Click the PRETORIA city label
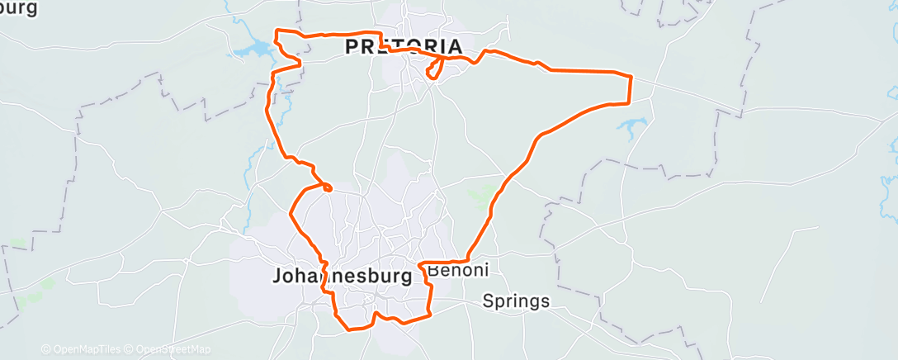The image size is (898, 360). pos(403,46)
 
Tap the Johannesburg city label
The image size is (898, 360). pos(342,277)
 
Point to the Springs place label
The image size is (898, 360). pos(516,301)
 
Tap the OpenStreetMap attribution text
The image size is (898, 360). pos(173,349)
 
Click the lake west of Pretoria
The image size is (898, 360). pos(252,52)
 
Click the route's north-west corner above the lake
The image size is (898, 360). pos(276,31)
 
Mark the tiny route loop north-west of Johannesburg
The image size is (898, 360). pos(328,188)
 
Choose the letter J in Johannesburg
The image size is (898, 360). pos(276,277)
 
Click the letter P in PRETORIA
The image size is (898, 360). pos(351,46)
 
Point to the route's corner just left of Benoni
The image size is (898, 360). pos(421,264)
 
